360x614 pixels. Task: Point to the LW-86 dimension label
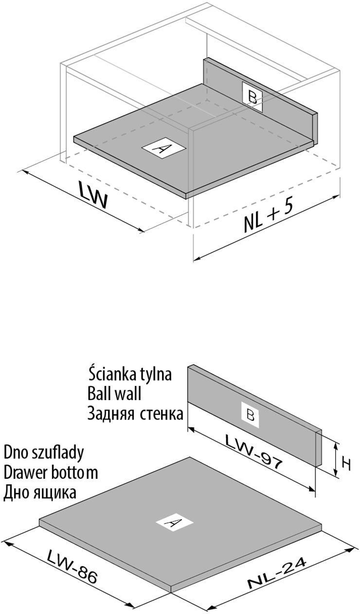point(73,566)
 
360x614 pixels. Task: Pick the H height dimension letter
point(346,464)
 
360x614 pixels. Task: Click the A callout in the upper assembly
point(163,148)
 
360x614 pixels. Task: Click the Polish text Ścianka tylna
point(130,375)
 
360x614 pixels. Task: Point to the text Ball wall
point(114,393)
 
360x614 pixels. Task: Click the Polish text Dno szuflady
point(44,453)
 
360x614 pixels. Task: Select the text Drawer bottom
point(51,472)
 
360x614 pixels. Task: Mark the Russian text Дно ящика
point(40,493)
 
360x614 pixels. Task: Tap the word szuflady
point(61,453)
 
